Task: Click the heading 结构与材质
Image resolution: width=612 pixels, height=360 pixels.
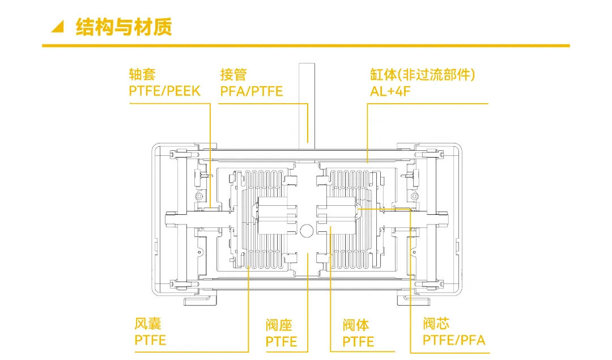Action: click(x=124, y=27)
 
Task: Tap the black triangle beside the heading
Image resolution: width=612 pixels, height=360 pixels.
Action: click(x=57, y=27)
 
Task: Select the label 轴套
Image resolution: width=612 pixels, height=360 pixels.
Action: click(x=142, y=74)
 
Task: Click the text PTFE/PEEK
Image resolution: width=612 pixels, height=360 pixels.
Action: click(x=165, y=91)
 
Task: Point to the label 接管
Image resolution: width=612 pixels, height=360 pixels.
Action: click(x=233, y=74)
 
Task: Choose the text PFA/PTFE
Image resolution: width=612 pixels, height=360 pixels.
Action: click(x=252, y=91)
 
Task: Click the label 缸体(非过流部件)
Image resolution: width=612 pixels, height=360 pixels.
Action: click(x=422, y=74)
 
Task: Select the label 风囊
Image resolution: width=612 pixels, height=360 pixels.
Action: click(x=148, y=324)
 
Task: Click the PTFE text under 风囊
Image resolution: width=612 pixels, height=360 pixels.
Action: click(x=150, y=340)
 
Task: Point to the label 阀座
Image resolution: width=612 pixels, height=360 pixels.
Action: click(x=279, y=325)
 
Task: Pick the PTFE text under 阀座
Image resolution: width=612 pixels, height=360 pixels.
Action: click(x=281, y=342)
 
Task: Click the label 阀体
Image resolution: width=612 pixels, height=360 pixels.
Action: click(x=356, y=325)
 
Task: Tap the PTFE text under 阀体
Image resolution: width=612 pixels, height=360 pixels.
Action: click(x=358, y=342)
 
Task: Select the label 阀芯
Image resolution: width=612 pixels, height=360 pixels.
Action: click(x=436, y=324)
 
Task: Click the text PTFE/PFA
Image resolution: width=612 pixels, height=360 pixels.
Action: click(x=454, y=340)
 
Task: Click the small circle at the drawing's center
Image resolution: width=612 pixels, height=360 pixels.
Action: click(x=307, y=230)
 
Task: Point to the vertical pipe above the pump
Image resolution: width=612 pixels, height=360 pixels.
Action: click(x=307, y=102)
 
